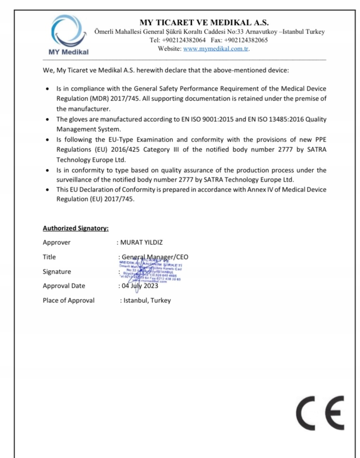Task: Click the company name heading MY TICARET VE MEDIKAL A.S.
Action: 204,22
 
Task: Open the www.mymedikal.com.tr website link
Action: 216,49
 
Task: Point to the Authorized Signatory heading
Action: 76,228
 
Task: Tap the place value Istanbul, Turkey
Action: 147,300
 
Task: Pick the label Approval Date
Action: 64,286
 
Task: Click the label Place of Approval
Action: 68,300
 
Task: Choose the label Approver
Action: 57,242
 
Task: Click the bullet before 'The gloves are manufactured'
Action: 47,119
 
